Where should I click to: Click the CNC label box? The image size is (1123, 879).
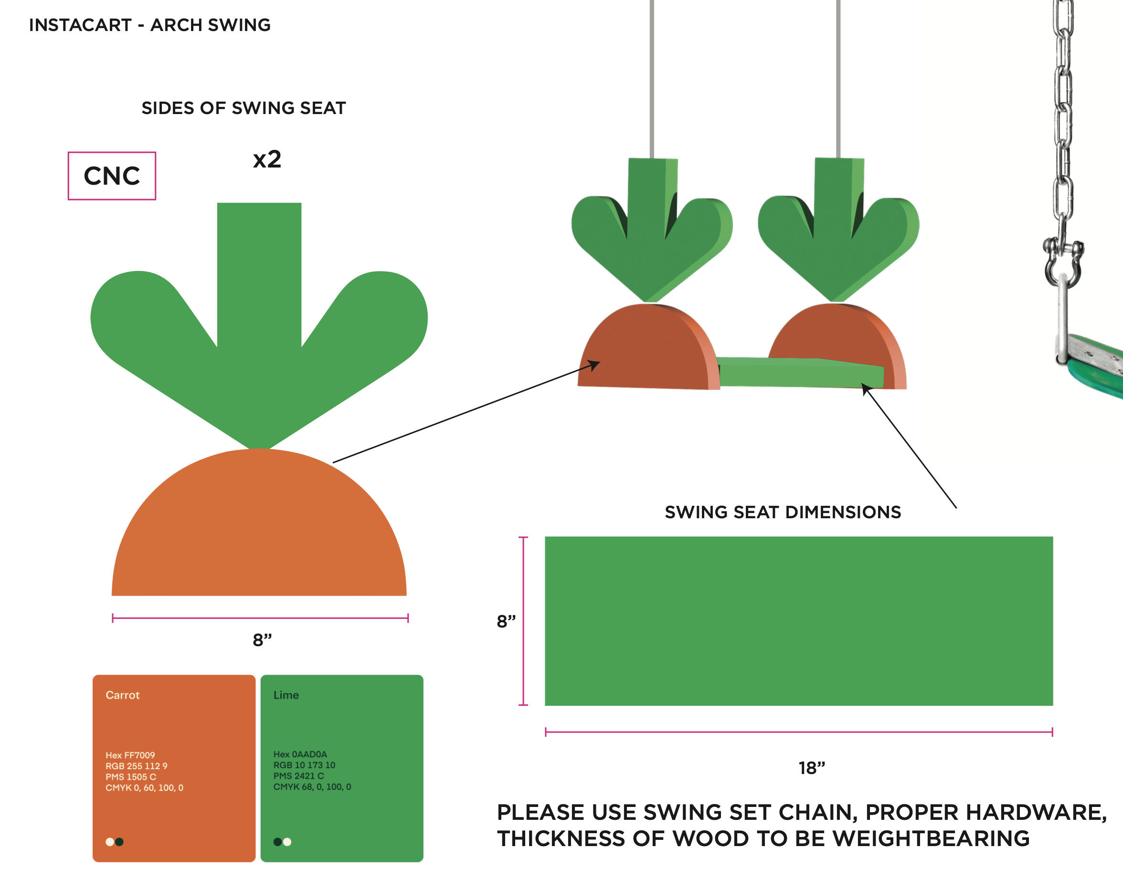coord(112,176)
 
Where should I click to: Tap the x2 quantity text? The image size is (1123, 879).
coord(267,159)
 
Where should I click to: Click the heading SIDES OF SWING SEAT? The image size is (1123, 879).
coord(244,108)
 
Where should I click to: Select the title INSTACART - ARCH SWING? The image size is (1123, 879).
coord(149,25)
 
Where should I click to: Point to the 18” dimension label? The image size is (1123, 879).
coord(812,768)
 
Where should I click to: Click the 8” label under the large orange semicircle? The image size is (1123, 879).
coord(262,640)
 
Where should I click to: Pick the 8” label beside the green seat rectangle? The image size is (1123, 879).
coord(506,621)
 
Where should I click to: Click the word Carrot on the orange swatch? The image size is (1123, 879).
coord(123,695)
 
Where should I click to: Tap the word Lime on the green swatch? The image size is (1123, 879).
coord(286,695)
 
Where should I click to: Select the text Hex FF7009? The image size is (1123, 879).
coord(130,755)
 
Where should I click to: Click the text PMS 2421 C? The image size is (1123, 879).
coord(298,775)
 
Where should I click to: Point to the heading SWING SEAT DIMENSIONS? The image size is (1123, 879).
coord(783,512)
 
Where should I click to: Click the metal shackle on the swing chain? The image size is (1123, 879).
coord(1063,262)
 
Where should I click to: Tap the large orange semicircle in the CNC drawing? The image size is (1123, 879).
coord(259,535)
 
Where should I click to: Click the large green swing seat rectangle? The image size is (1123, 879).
coord(799,621)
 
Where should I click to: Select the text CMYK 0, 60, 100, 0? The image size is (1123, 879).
coord(144,787)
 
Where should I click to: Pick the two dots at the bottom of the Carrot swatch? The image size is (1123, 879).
coord(114,842)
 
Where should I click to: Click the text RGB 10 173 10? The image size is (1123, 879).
coord(304,765)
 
